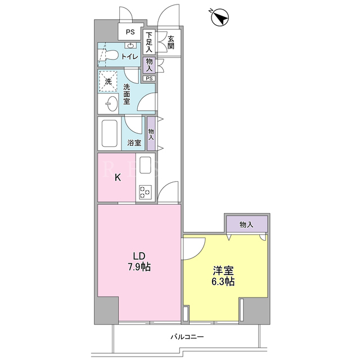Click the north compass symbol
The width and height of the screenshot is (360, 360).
tap(220, 17)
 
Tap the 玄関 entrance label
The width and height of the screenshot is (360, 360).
tap(171, 43)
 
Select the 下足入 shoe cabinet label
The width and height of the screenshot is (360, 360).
tap(149, 42)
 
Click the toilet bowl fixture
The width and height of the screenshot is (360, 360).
tap(108, 55)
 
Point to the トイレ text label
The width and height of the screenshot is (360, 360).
tap(130, 56)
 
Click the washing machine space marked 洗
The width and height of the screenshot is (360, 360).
tap(108, 81)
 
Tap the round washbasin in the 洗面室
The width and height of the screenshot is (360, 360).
tap(112, 103)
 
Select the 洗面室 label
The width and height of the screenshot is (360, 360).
tap(127, 94)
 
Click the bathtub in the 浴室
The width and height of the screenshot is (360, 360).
tap(110, 133)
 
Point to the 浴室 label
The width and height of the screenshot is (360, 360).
tap(134, 143)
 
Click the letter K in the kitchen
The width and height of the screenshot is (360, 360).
tap(118, 177)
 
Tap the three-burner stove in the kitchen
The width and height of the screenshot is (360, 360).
tap(145, 192)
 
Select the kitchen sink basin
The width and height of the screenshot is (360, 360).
tap(145, 165)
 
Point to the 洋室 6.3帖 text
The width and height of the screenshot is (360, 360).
tap(223, 276)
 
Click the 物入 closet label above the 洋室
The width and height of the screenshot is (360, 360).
tap(246, 224)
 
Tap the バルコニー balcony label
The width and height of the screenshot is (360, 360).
tap(187, 337)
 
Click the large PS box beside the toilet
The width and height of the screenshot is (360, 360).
tap(130, 31)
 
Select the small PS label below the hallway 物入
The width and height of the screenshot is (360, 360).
tap(149, 79)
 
